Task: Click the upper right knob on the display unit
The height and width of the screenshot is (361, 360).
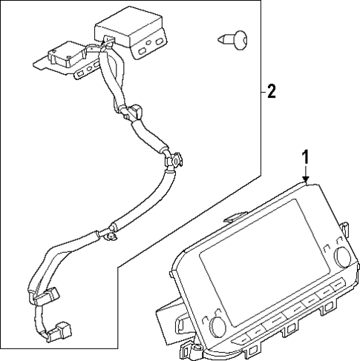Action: (343, 256)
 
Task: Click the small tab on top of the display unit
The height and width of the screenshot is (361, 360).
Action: (232, 217)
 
